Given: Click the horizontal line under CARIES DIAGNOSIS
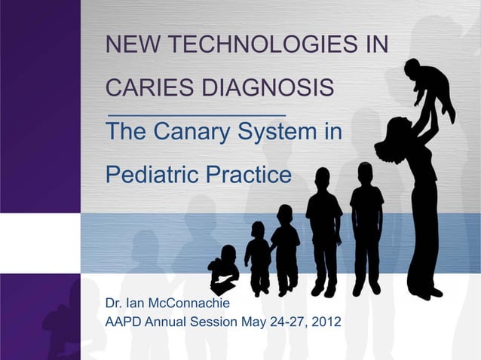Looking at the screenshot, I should pos(198,113).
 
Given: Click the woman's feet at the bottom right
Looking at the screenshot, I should pos(423,291).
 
